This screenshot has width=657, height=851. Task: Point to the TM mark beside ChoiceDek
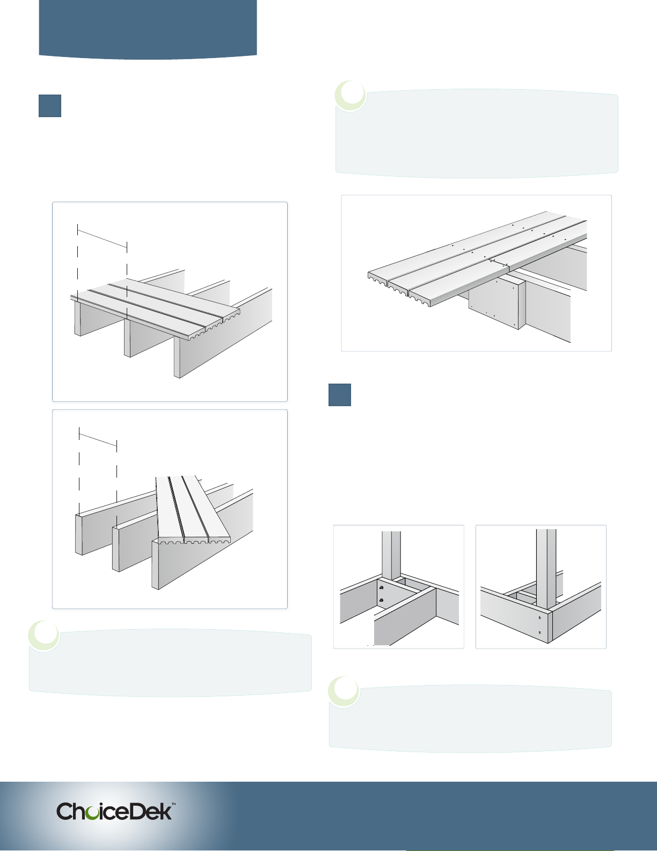point(173,804)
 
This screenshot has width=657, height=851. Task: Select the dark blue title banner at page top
point(148,30)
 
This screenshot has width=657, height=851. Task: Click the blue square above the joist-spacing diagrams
point(50,106)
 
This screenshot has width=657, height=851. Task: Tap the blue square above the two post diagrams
point(340,395)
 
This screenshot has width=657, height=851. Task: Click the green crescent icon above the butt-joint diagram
point(351,96)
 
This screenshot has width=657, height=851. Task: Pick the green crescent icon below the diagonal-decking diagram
point(44,636)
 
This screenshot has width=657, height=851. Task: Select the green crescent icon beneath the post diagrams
point(344,691)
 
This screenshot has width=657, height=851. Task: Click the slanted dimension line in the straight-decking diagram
point(102,239)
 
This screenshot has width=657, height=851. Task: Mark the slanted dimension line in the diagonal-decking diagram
point(98,439)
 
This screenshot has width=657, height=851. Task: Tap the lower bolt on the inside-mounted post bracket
point(382,600)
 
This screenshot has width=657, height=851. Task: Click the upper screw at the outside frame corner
point(540,618)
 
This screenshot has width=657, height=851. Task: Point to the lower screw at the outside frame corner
point(540,632)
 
